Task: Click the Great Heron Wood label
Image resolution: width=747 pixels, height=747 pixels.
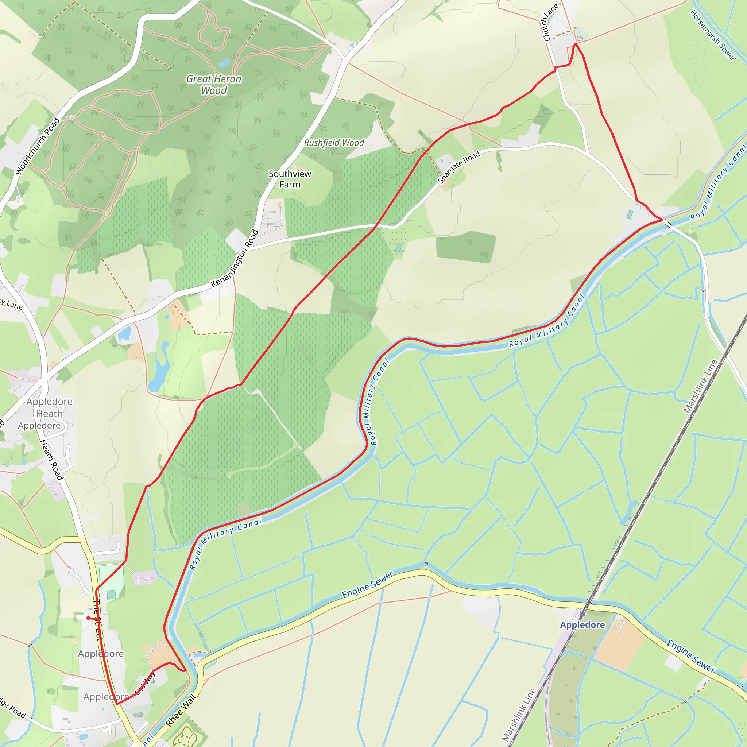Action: (x=214, y=85)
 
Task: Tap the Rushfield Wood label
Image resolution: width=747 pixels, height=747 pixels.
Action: (x=334, y=143)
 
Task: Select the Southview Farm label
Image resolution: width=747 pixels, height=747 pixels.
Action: (x=290, y=179)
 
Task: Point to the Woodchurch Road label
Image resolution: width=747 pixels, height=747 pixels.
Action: (x=38, y=146)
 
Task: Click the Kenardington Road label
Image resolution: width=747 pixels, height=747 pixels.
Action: (x=235, y=258)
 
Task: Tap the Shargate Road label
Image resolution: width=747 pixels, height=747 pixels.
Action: (x=459, y=167)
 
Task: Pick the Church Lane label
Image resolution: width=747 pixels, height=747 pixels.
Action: (x=550, y=22)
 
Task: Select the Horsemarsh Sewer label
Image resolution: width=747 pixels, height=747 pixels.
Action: (x=713, y=35)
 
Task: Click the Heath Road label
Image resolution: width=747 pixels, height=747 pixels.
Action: (x=52, y=460)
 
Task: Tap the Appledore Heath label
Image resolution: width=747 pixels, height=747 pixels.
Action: (x=50, y=407)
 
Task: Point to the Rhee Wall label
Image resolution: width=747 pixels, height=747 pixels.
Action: (x=181, y=710)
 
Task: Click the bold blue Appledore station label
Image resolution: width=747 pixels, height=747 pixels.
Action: (x=582, y=625)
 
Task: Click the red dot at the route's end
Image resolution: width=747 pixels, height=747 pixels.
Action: (x=89, y=618)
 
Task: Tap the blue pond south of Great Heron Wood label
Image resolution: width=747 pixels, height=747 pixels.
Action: (x=224, y=63)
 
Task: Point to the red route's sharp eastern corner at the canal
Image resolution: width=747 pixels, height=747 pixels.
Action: (x=663, y=220)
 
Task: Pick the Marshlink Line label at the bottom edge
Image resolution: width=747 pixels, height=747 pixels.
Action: (x=519, y=715)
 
